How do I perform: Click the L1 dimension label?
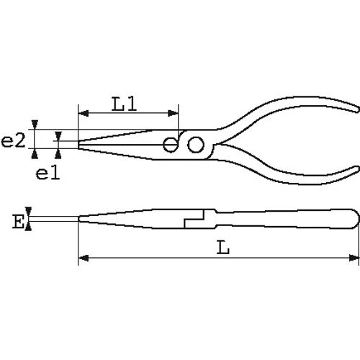tap(127, 104)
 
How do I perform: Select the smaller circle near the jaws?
tap(170, 144)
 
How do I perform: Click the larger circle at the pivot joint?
tap(194, 146)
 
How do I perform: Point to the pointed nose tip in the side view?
tap(78, 218)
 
